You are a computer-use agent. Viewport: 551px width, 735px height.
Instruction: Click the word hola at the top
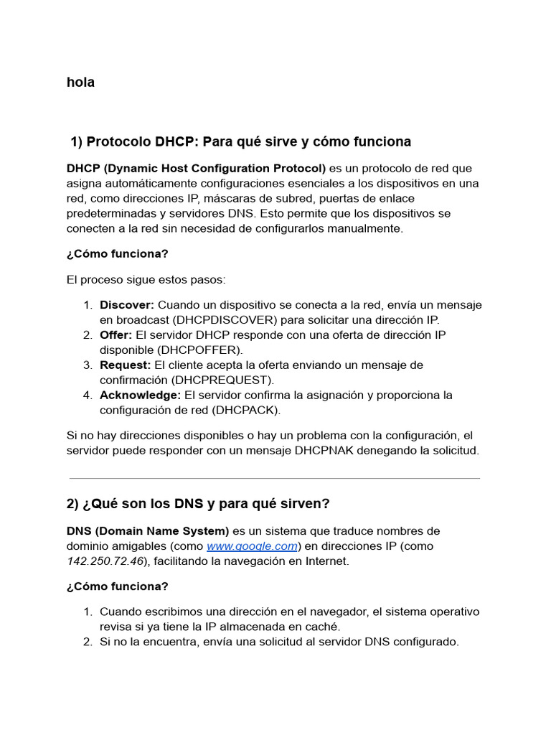(80, 83)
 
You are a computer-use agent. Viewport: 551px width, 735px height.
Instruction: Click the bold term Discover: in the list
(127, 305)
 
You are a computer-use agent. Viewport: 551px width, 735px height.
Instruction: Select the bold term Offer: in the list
(116, 335)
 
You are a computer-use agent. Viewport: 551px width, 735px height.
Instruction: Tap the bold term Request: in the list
(125, 365)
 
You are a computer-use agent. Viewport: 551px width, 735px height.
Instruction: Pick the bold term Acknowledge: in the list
(140, 395)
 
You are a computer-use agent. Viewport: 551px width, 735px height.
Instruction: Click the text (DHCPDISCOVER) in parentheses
(217, 320)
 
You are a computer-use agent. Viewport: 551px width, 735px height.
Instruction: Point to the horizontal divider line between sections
(275, 478)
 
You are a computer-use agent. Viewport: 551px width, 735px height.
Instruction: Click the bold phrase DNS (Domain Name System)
(148, 531)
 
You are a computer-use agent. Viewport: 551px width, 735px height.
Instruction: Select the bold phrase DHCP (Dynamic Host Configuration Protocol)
(196, 169)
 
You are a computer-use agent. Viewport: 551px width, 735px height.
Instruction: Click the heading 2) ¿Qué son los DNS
(198, 504)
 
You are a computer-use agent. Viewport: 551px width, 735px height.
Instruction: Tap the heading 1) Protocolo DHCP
(240, 141)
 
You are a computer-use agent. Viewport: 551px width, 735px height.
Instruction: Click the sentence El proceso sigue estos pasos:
(146, 279)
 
